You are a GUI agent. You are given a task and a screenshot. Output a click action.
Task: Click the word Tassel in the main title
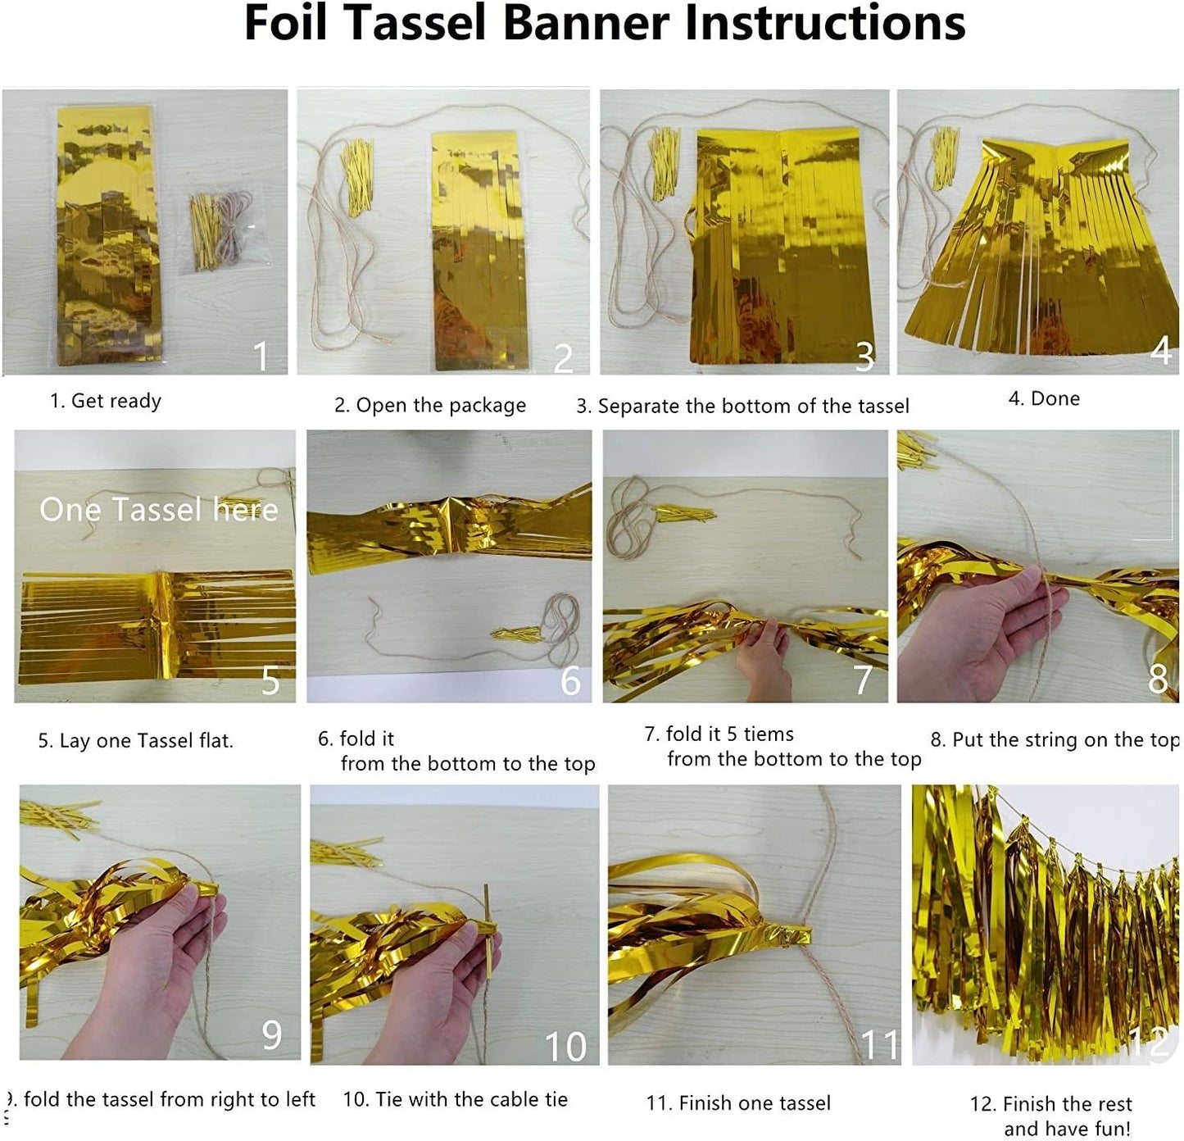point(418,22)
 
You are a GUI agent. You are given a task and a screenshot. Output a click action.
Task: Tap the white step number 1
point(261,356)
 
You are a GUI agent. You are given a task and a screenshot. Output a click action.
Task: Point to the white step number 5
point(270,680)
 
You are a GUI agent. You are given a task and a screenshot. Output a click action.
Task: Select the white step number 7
point(864,680)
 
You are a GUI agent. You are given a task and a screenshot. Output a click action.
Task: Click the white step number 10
point(566,1047)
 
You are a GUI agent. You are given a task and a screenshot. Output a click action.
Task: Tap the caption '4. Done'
point(1044,398)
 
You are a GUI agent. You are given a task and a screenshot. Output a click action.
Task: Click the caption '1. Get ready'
point(106,401)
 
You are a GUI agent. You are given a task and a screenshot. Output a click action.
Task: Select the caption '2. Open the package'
point(430,405)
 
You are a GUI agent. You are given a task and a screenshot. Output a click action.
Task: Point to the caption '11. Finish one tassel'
point(738,1102)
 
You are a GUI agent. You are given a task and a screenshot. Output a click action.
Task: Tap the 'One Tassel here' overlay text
point(159,509)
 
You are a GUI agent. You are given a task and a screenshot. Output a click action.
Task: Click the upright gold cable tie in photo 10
point(487,931)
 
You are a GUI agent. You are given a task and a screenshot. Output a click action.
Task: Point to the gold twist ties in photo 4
point(945,157)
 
